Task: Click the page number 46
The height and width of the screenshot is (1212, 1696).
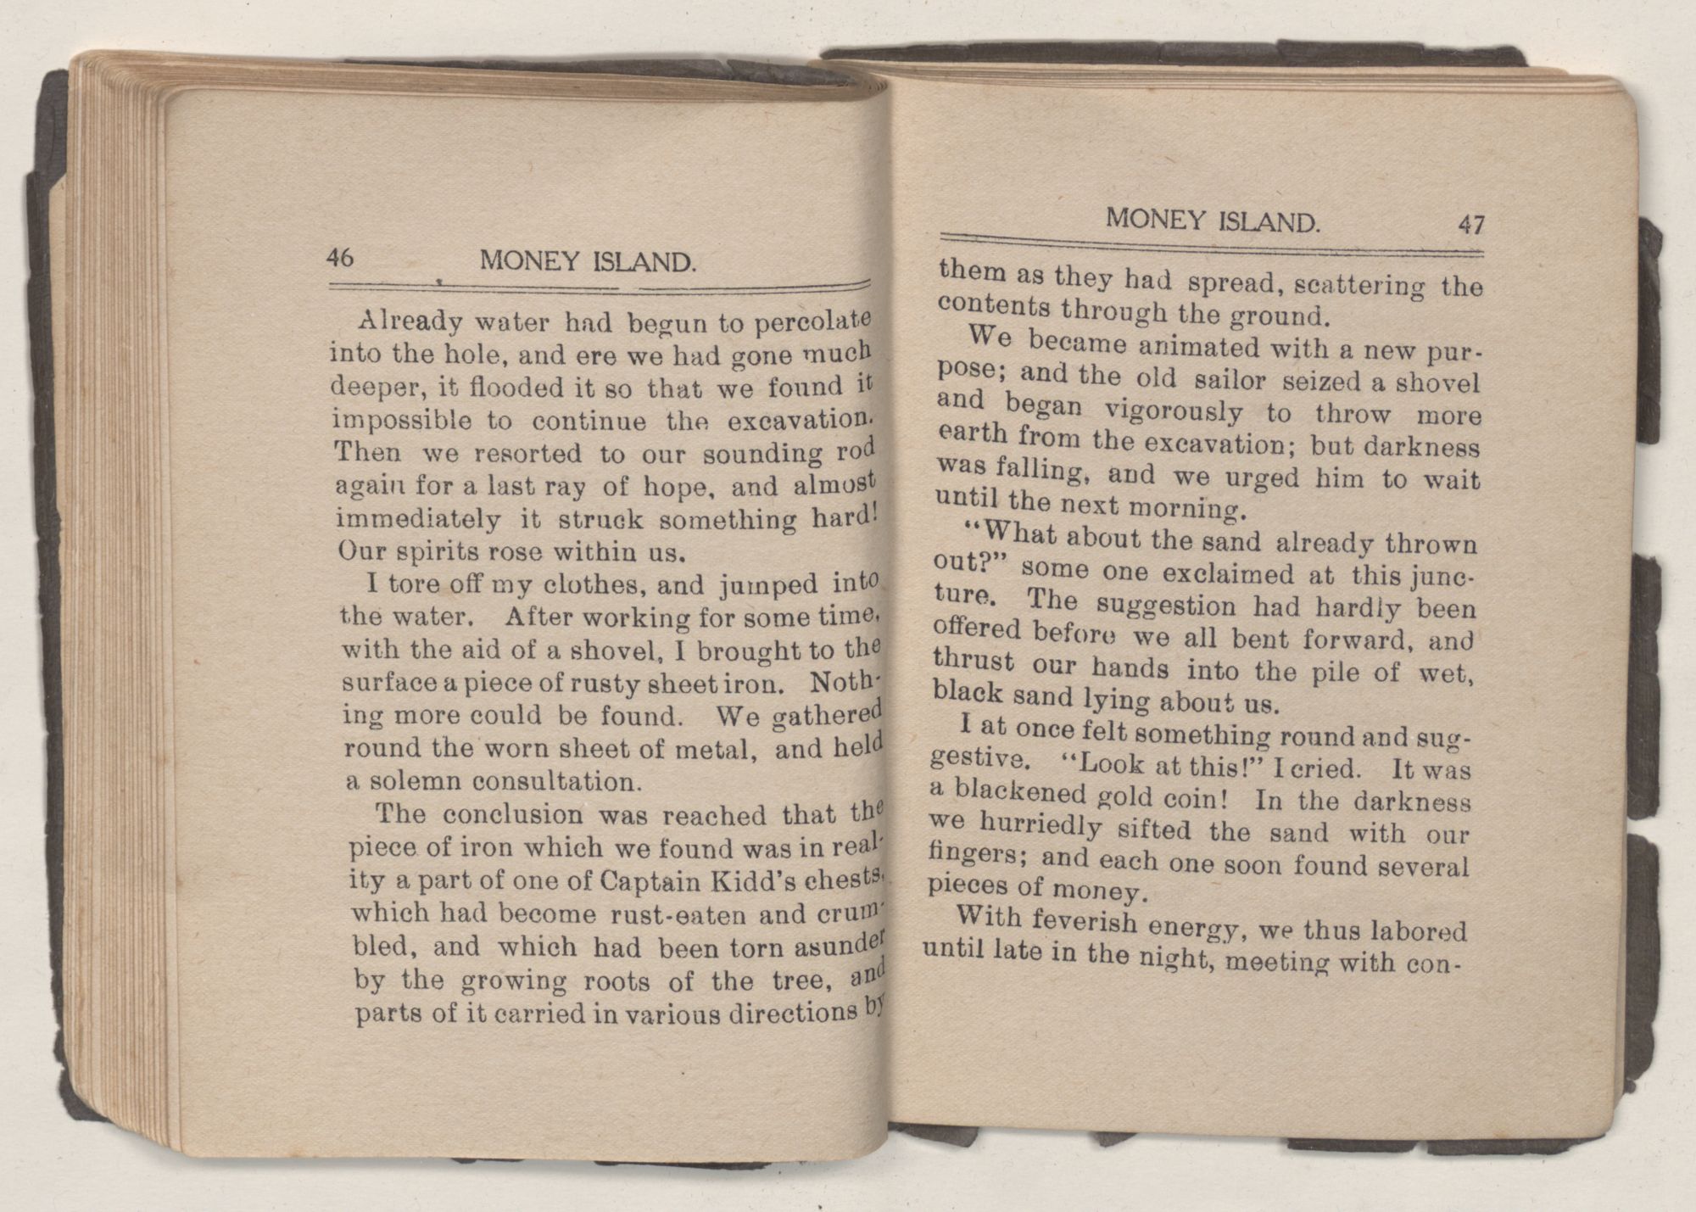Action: click(340, 257)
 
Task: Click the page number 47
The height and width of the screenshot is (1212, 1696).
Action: click(1471, 225)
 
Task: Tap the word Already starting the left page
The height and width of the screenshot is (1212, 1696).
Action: click(410, 321)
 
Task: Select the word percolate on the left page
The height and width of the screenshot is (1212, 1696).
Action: click(813, 321)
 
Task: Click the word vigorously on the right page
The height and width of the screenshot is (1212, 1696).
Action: click(1174, 411)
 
